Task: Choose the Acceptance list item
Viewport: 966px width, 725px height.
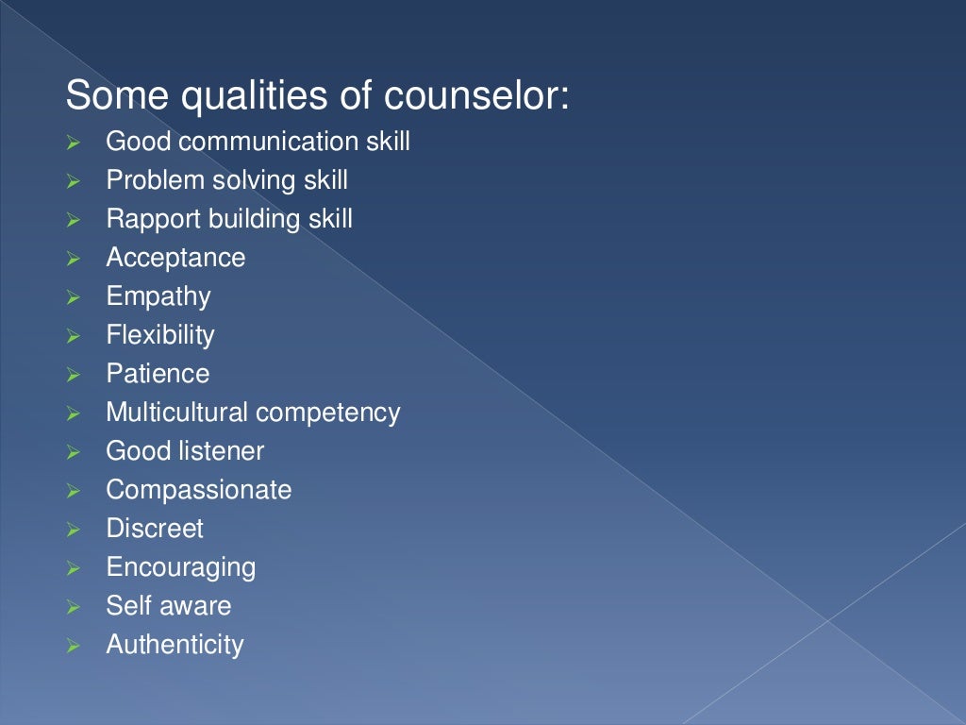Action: click(175, 258)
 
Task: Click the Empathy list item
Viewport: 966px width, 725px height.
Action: click(158, 296)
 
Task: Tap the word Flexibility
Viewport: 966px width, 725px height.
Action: click(159, 335)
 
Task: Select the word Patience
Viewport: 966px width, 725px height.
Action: click(158, 374)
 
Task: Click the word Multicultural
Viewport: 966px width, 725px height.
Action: click(177, 413)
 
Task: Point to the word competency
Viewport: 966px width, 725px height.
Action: click(328, 413)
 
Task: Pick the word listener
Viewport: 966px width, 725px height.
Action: click(224, 451)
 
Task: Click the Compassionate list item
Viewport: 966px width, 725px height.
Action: click(198, 490)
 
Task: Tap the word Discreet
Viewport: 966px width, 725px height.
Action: click(154, 529)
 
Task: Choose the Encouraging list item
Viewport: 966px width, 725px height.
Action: click(180, 567)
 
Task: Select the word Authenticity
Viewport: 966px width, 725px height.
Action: click(175, 645)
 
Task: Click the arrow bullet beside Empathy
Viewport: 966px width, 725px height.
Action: click(75, 298)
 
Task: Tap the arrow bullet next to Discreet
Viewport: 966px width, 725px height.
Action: click(75, 531)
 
